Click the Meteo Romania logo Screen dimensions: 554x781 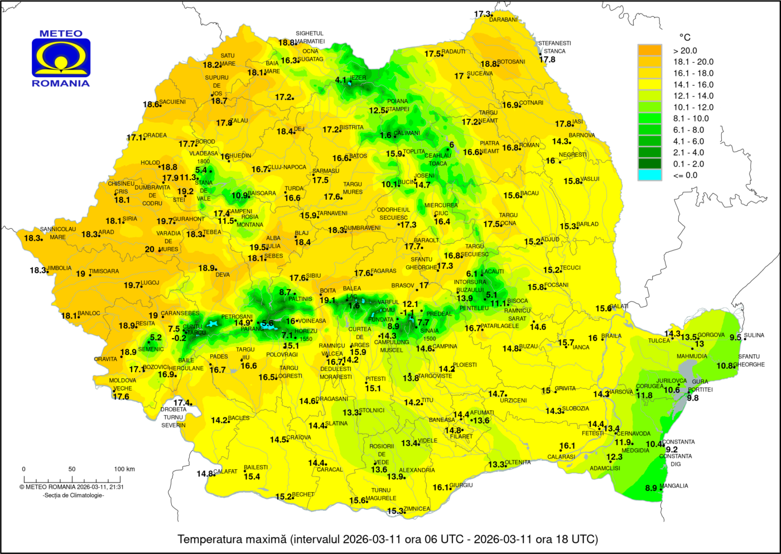coord(61,58)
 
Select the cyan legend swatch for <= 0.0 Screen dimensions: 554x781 coord(649,175)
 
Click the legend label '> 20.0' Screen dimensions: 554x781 coord(685,51)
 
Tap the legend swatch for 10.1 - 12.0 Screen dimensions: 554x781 coord(649,107)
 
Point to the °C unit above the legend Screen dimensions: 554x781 coord(684,37)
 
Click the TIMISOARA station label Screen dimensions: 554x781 coord(104,272)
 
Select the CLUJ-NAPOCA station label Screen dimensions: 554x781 coord(287,167)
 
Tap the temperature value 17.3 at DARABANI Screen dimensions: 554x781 coord(482,14)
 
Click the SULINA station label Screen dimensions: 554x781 coord(754,335)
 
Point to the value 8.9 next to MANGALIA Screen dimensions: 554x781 coord(651,488)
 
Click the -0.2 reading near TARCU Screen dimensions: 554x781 coord(179,338)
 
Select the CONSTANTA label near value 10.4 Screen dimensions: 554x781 coord(678,442)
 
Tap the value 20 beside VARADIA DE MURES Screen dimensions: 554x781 coord(150,249)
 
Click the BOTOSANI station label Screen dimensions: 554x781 coord(511,62)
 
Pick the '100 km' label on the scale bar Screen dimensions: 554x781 coord(124,469)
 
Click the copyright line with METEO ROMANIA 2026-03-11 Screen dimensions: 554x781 coord(71,487)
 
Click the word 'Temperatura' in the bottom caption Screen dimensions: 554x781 coord(204,539)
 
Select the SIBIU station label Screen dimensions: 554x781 coord(314,276)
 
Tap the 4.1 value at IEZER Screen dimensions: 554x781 coord(340,80)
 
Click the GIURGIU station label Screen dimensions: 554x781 coord(461,485)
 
